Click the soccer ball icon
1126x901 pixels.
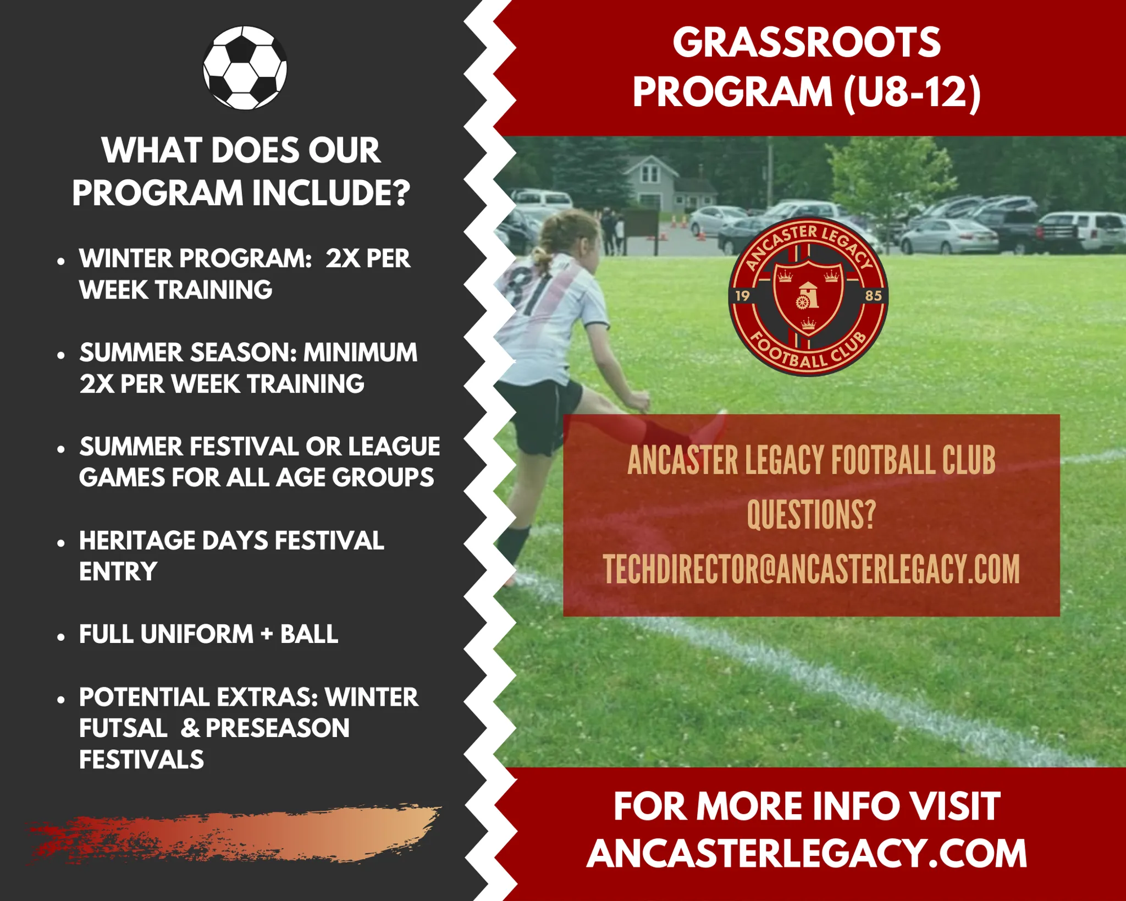point(245,68)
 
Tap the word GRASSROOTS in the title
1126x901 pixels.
point(806,42)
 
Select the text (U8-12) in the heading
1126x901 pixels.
point(912,92)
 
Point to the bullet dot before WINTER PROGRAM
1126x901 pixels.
point(61,261)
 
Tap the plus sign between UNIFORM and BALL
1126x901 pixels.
point(267,634)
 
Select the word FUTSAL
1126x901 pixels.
point(123,728)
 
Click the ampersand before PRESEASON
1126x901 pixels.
point(190,728)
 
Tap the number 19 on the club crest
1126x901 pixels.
point(743,296)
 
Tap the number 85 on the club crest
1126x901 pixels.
point(873,296)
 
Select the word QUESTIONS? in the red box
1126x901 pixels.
point(811,515)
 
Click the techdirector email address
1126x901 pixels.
point(811,569)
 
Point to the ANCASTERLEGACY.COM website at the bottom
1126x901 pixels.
point(807,854)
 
